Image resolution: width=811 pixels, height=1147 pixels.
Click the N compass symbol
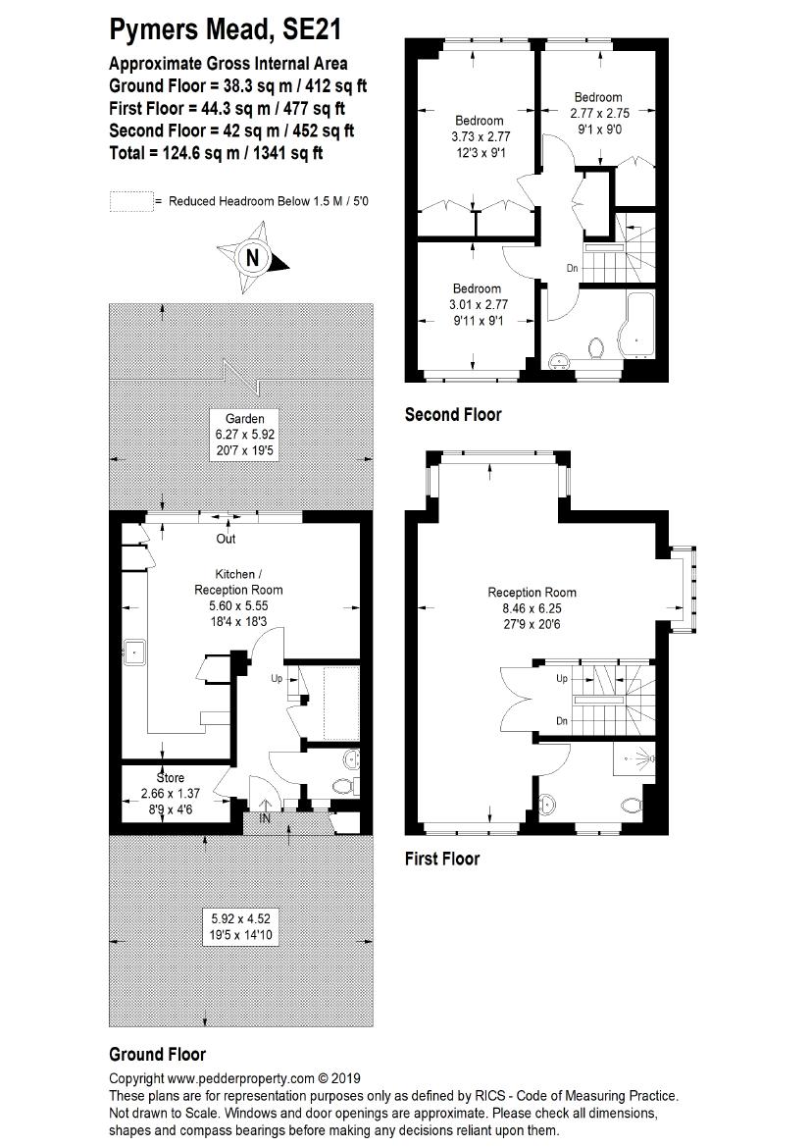point(253,258)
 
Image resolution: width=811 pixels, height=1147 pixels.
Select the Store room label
point(171,778)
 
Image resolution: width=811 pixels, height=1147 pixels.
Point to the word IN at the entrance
point(265,818)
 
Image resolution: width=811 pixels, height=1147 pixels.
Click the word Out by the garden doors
point(226,539)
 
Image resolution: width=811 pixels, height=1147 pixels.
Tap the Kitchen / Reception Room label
point(238,582)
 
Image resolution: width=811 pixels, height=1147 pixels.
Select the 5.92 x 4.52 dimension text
point(240,918)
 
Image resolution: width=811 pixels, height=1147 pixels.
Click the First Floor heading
point(442,859)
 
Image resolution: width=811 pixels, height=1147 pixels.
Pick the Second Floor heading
point(453,415)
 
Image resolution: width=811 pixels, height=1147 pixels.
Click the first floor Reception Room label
point(532,593)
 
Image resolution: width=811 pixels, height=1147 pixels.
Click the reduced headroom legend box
point(130,201)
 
